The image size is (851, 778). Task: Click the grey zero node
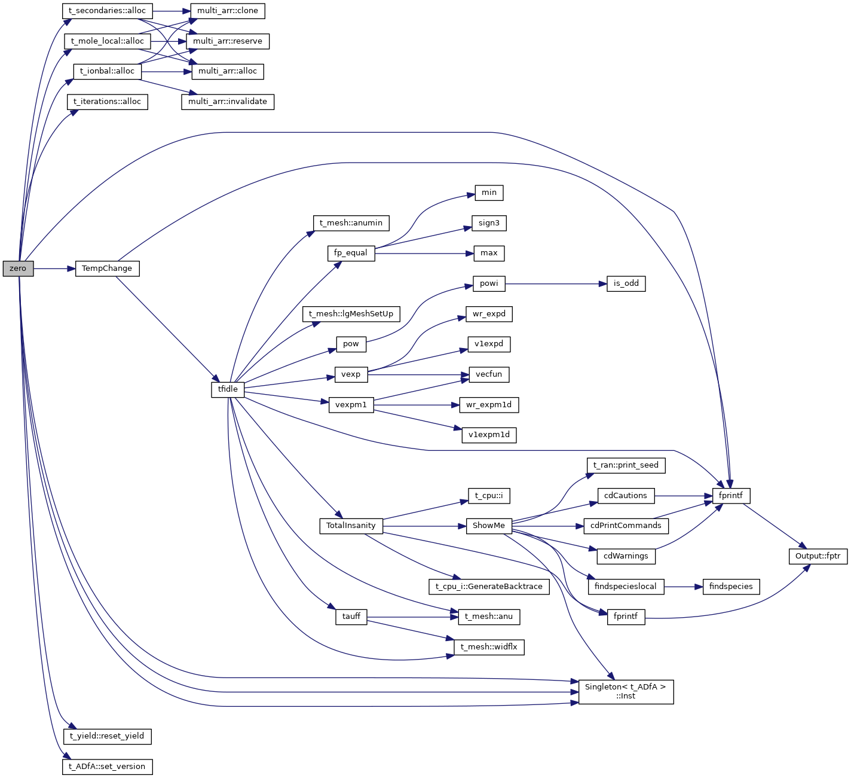(18, 269)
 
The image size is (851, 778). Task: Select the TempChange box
(107, 269)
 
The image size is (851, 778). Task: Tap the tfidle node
(228, 389)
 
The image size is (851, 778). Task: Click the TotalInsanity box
(351, 526)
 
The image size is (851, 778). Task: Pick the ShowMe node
(488, 526)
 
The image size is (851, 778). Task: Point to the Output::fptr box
(818, 556)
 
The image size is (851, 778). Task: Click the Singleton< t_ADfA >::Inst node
(626, 692)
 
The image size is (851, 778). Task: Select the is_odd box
(626, 283)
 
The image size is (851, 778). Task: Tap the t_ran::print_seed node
(626, 465)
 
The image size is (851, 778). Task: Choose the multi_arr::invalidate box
(227, 102)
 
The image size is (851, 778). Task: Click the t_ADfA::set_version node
(107, 767)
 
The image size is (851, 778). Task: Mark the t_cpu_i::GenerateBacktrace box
(488, 587)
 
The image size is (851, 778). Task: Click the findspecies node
(731, 587)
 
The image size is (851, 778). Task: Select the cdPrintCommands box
(626, 526)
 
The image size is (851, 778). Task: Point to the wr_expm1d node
(488, 405)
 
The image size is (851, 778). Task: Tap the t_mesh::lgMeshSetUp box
(351, 314)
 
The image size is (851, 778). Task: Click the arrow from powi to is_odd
(556, 284)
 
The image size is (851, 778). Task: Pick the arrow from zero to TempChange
(54, 269)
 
